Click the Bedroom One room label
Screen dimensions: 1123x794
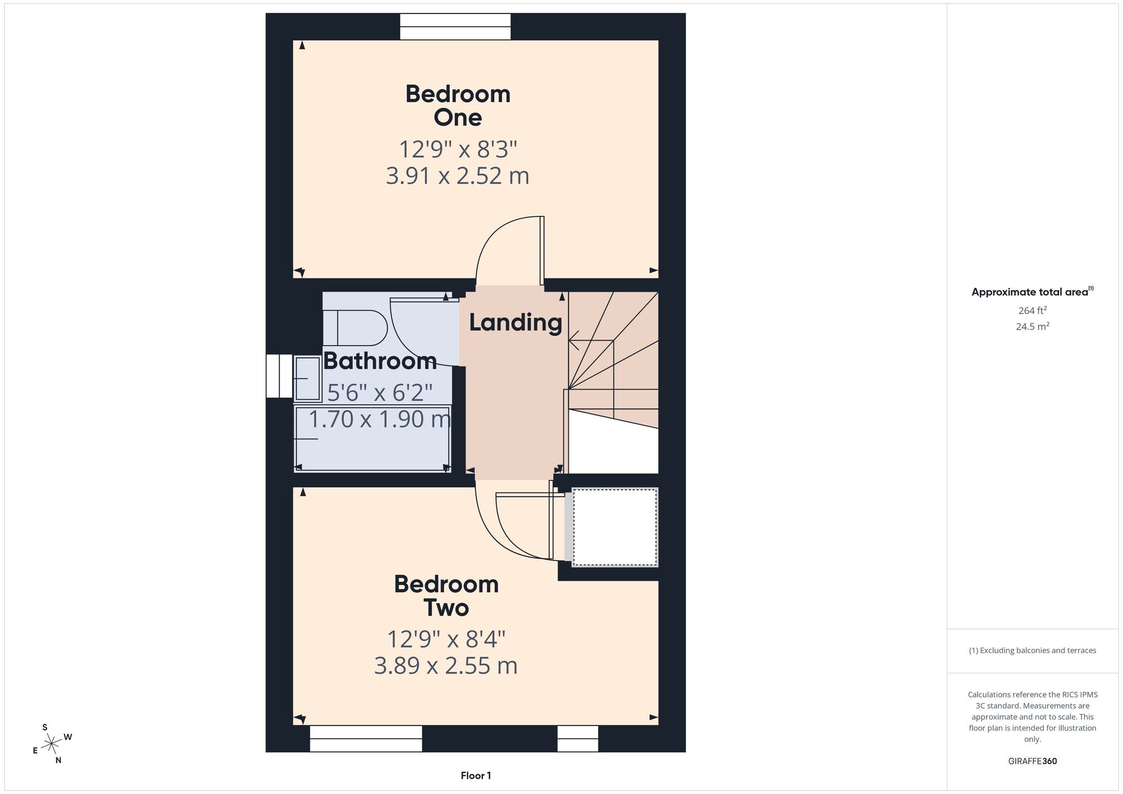point(458,106)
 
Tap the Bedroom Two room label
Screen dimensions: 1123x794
point(446,596)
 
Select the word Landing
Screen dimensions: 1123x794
point(515,323)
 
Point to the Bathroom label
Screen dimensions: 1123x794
point(380,361)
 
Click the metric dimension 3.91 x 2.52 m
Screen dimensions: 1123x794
point(458,176)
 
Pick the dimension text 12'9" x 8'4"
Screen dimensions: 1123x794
point(446,639)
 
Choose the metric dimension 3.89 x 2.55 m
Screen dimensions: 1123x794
point(446,665)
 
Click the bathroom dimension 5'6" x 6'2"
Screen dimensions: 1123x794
point(380,393)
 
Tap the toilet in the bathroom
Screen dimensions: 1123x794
point(355,328)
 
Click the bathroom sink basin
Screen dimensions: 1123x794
point(307,379)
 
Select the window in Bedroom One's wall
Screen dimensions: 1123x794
point(455,27)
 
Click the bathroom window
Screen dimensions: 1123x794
point(279,376)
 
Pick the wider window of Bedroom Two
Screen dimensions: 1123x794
point(366,738)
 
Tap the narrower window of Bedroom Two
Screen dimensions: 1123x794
point(578,738)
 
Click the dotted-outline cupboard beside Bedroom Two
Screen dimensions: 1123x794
point(615,527)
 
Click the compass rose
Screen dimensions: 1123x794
point(52,744)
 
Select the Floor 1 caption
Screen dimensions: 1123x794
point(476,775)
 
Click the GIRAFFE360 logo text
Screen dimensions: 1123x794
point(1033,761)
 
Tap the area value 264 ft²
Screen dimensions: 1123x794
point(1033,311)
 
